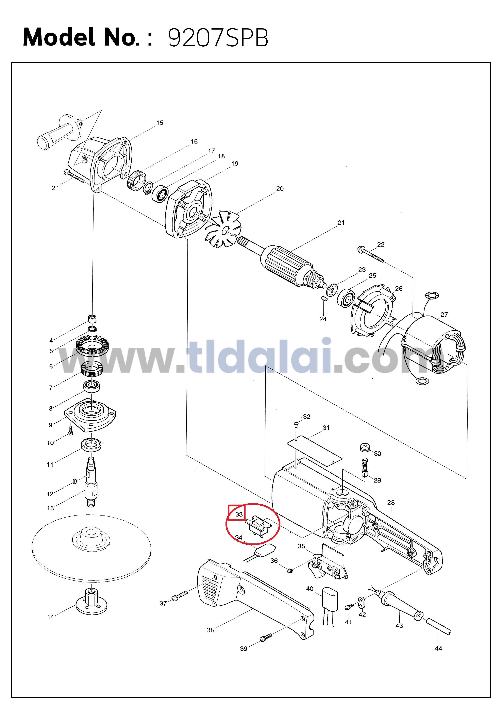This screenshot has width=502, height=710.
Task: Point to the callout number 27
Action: [x=444, y=315]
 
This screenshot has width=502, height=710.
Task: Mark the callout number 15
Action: [x=160, y=123]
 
